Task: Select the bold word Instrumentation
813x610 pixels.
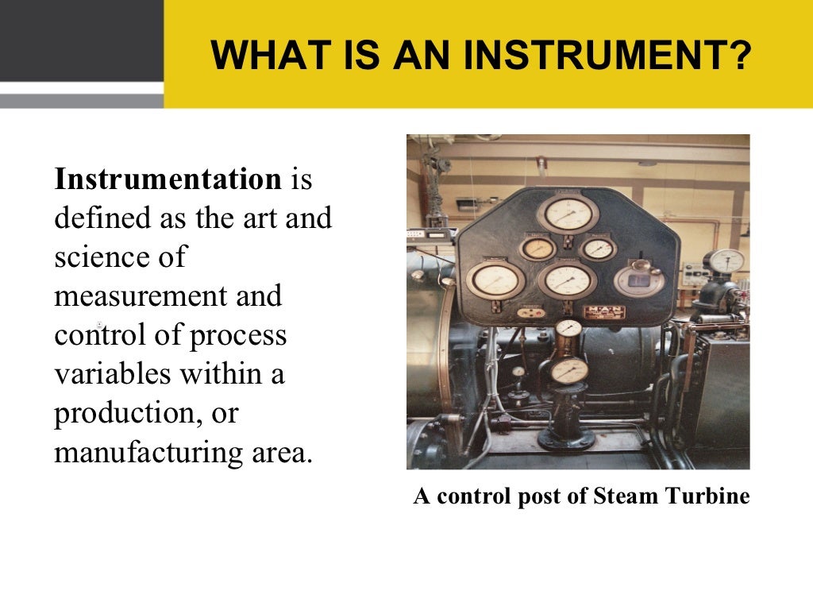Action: (168, 180)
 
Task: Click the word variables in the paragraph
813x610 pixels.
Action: (111, 374)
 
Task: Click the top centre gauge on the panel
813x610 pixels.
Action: (567, 214)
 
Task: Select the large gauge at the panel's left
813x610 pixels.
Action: (495, 279)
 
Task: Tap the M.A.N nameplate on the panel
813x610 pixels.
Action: (605, 311)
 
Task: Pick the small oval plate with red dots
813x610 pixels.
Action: (531, 312)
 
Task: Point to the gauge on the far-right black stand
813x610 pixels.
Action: (726, 261)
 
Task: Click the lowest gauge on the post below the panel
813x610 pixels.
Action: (568, 370)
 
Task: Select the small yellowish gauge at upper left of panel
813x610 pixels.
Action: (538, 248)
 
